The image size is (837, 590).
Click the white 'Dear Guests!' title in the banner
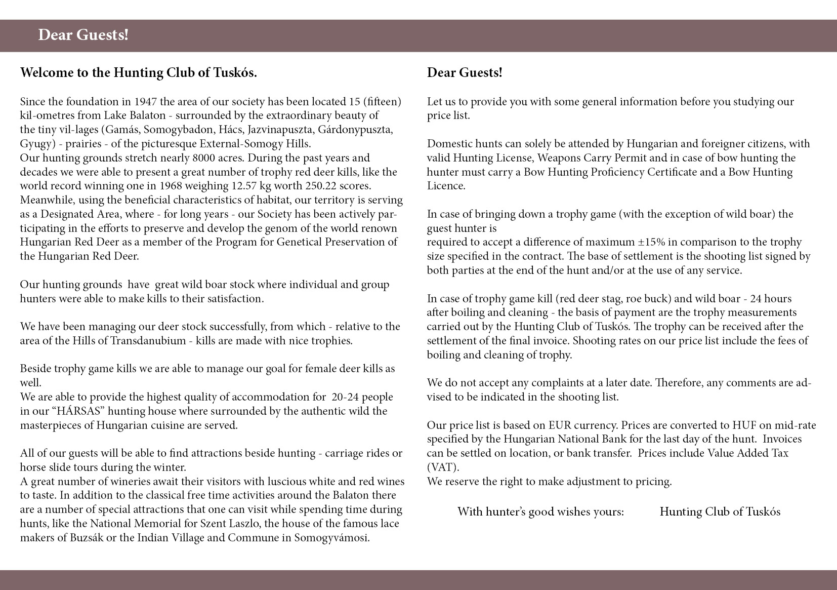tap(83, 35)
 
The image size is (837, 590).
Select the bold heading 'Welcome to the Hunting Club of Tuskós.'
tap(138, 73)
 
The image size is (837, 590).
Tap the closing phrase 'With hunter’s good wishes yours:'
tap(540, 512)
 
